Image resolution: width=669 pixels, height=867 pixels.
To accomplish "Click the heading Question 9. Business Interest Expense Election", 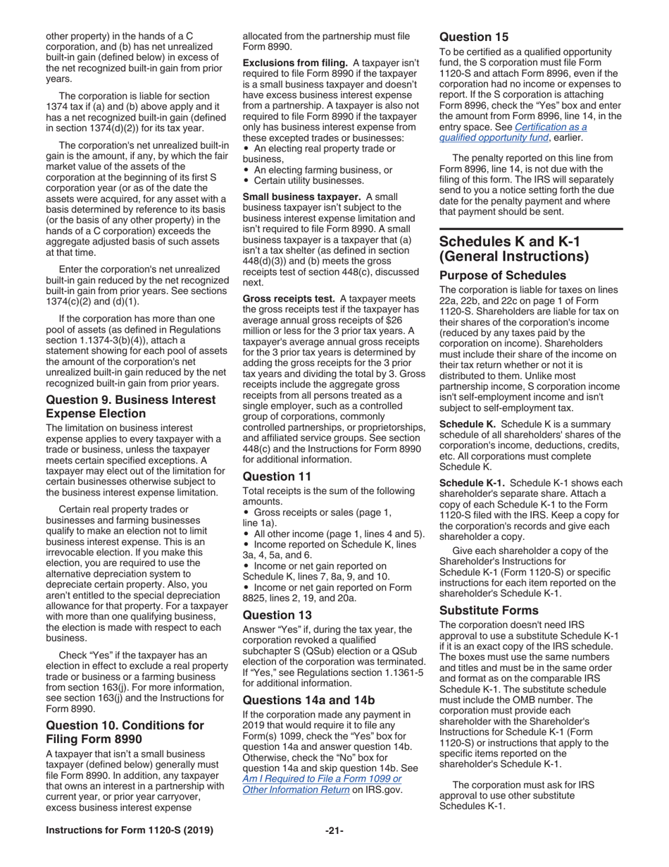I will [130, 407].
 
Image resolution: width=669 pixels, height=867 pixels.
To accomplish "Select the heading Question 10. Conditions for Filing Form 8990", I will [125, 732].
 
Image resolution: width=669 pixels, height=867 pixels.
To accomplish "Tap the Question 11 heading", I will [277, 476].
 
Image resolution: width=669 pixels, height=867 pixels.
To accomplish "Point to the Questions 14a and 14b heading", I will [308, 700].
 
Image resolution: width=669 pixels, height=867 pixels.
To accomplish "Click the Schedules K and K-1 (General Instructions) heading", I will [513, 249].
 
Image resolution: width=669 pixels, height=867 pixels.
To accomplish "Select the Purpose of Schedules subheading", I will [502, 275].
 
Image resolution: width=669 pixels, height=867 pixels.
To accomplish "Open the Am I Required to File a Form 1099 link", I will [322, 783].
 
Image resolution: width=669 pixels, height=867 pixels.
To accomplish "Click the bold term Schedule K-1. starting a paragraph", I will [470, 483].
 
